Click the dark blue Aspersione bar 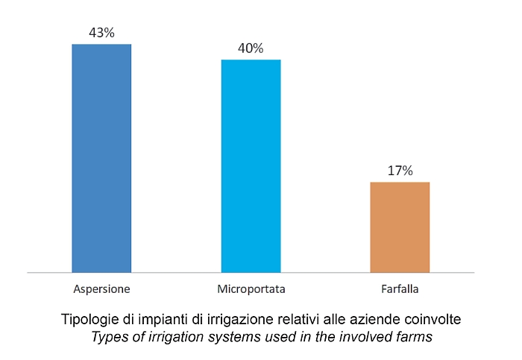(101, 158)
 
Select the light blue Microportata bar (251, 165)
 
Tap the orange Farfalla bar (400, 227)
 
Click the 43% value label (101, 34)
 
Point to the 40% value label (251, 48)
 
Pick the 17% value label (400, 171)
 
